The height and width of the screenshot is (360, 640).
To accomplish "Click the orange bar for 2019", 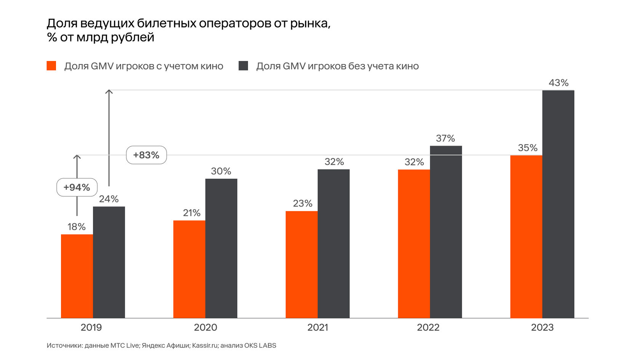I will pyautogui.click(x=77, y=276).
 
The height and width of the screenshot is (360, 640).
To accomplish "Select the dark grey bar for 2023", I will pyautogui.click(x=558, y=204).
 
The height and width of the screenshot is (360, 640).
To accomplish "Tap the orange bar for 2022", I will pyautogui.click(x=414, y=244).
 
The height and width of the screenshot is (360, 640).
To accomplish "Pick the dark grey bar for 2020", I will pyautogui.click(x=221, y=248).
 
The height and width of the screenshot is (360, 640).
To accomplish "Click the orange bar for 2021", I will pyautogui.click(x=301, y=264).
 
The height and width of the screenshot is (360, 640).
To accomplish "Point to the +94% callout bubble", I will pyautogui.click(x=77, y=187).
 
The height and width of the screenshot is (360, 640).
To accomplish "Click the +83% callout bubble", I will pyautogui.click(x=146, y=155).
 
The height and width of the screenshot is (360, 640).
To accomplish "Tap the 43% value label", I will pyautogui.click(x=558, y=83).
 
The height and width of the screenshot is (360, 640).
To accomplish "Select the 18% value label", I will pyautogui.click(x=77, y=227).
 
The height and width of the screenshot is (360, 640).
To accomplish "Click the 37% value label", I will pyautogui.click(x=445, y=138).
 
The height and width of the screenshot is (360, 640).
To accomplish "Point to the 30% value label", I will pyautogui.click(x=221, y=171).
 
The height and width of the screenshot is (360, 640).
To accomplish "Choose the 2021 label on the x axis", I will pyautogui.click(x=318, y=327).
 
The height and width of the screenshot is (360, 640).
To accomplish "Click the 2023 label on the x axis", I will pyautogui.click(x=542, y=327).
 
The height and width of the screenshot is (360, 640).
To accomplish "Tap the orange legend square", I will pyautogui.click(x=51, y=66).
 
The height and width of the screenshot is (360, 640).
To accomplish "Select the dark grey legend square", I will pyautogui.click(x=243, y=66).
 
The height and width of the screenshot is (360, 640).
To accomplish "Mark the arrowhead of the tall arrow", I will pyautogui.click(x=109, y=91).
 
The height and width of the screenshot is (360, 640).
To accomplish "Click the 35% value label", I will pyautogui.click(x=528, y=148).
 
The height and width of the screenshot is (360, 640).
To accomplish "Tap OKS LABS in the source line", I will pyautogui.click(x=260, y=346).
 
